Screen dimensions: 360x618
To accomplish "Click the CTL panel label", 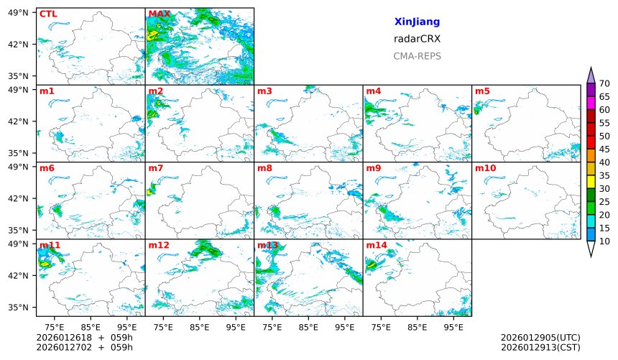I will pyautogui.click(x=48, y=14).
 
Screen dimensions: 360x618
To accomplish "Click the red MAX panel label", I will pyautogui.click(x=159, y=14).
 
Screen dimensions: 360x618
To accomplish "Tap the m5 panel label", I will pyautogui.click(x=482, y=91).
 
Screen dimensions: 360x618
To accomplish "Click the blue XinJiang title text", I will pyautogui.click(x=417, y=22).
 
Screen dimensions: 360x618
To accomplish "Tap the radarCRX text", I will pyautogui.click(x=417, y=39).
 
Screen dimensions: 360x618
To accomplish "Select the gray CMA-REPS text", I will pyautogui.click(x=417, y=56).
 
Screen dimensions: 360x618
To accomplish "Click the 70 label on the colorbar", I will pyautogui.click(x=604, y=84).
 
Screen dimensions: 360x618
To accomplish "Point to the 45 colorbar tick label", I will pyautogui.click(x=604, y=149).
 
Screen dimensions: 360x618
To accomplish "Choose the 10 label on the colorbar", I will pyautogui.click(x=604, y=241).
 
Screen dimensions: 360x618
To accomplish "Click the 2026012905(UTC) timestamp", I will pyautogui.click(x=540, y=338).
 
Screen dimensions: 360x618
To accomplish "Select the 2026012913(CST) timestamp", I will pyautogui.click(x=540, y=348).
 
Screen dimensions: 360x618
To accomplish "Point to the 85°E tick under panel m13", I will pyautogui.click(x=308, y=326).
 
